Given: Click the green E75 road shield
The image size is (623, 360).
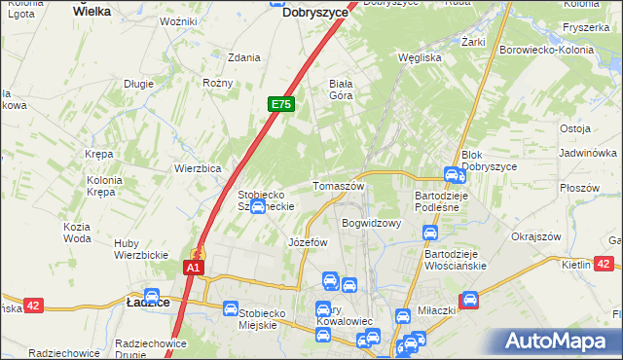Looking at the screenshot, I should tap(280, 104).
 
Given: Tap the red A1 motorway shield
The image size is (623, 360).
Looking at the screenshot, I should tap(195, 268).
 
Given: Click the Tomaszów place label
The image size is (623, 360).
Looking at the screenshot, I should tap(338, 186).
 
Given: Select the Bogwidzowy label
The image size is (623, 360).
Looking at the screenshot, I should tap(373, 223).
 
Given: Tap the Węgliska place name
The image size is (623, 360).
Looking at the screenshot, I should tap(421, 57).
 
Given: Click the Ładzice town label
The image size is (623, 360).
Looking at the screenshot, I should tap(148, 304).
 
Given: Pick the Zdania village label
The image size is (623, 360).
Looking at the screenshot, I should tap(243, 57).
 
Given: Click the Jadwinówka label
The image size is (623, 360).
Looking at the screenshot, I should tap(588, 154).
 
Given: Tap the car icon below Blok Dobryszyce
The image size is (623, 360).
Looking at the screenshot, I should tap(453, 175).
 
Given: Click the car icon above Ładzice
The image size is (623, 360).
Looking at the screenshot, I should tap(151, 296).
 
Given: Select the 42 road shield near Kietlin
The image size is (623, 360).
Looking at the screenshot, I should tap(604, 263).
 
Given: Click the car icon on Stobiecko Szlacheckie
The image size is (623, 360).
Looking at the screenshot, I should tap(257, 206).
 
